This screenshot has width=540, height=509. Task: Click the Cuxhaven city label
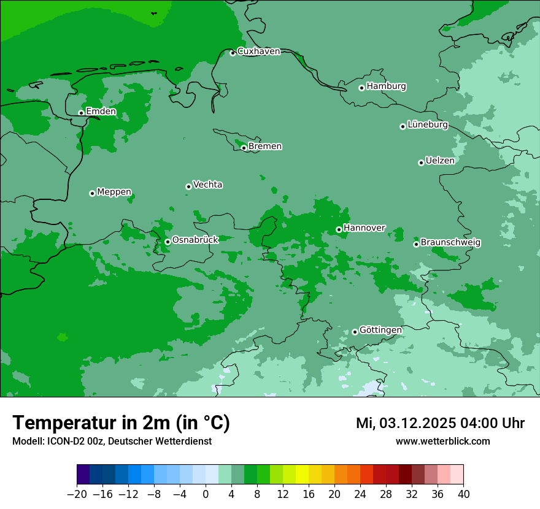[x=258, y=52]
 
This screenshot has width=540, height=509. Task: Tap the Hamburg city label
[x=386, y=86]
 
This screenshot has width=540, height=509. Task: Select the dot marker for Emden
[x=81, y=113]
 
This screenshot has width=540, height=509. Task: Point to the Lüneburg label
[x=428, y=125]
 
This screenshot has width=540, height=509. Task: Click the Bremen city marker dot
[x=244, y=148]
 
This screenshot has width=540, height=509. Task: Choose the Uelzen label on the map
[x=440, y=161]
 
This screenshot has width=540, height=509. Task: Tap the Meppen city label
[x=114, y=192]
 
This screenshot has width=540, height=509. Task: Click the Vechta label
[x=207, y=185]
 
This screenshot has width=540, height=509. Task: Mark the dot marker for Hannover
[x=339, y=230]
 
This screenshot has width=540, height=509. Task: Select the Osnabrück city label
[x=195, y=240]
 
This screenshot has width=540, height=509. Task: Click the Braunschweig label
[x=450, y=243]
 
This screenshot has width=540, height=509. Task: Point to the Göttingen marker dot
[x=355, y=332]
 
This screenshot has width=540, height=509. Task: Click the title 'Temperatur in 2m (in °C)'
[x=121, y=423]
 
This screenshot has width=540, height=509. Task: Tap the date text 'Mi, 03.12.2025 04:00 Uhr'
[x=440, y=423]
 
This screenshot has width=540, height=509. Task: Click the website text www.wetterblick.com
[x=442, y=442]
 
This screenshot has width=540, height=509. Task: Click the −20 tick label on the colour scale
[x=77, y=494]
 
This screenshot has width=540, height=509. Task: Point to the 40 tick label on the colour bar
[x=463, y=494]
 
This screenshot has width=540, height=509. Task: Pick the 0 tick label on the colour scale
[x=206, y=494]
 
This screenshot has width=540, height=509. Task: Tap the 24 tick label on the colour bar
[x=360, y=494]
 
